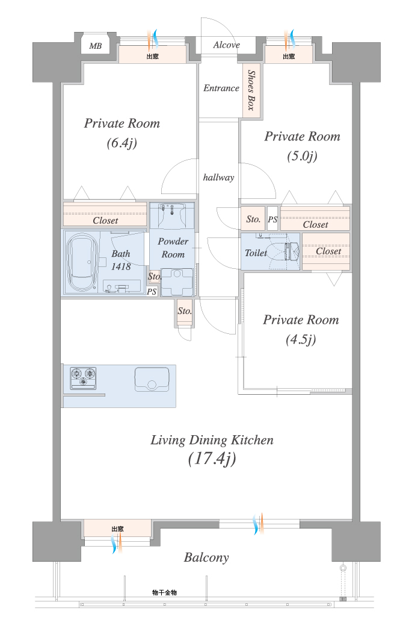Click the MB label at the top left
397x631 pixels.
click(95, 46)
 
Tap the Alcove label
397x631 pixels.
click(227, 45)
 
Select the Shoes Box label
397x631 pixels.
click(251, 90)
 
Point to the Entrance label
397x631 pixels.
click(221, 88)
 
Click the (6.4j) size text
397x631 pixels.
click(122, 143)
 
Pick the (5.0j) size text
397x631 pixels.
click(302, 155)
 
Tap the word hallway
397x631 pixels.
click(218, 177)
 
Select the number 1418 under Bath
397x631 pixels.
click(121, 266)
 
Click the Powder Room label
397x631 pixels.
click(173, 248)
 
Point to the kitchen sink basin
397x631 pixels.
click(152, 380)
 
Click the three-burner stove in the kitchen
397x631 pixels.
click(83, 378)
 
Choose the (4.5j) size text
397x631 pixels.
click(301, 340)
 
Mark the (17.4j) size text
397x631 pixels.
click(212, 459)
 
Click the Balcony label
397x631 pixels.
click(206, 557)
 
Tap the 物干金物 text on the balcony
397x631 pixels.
click(164, 592)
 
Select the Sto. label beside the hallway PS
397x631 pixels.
click(253, 219)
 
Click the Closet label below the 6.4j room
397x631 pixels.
click(105, 221)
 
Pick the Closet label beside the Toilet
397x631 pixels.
click(328, 251)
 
